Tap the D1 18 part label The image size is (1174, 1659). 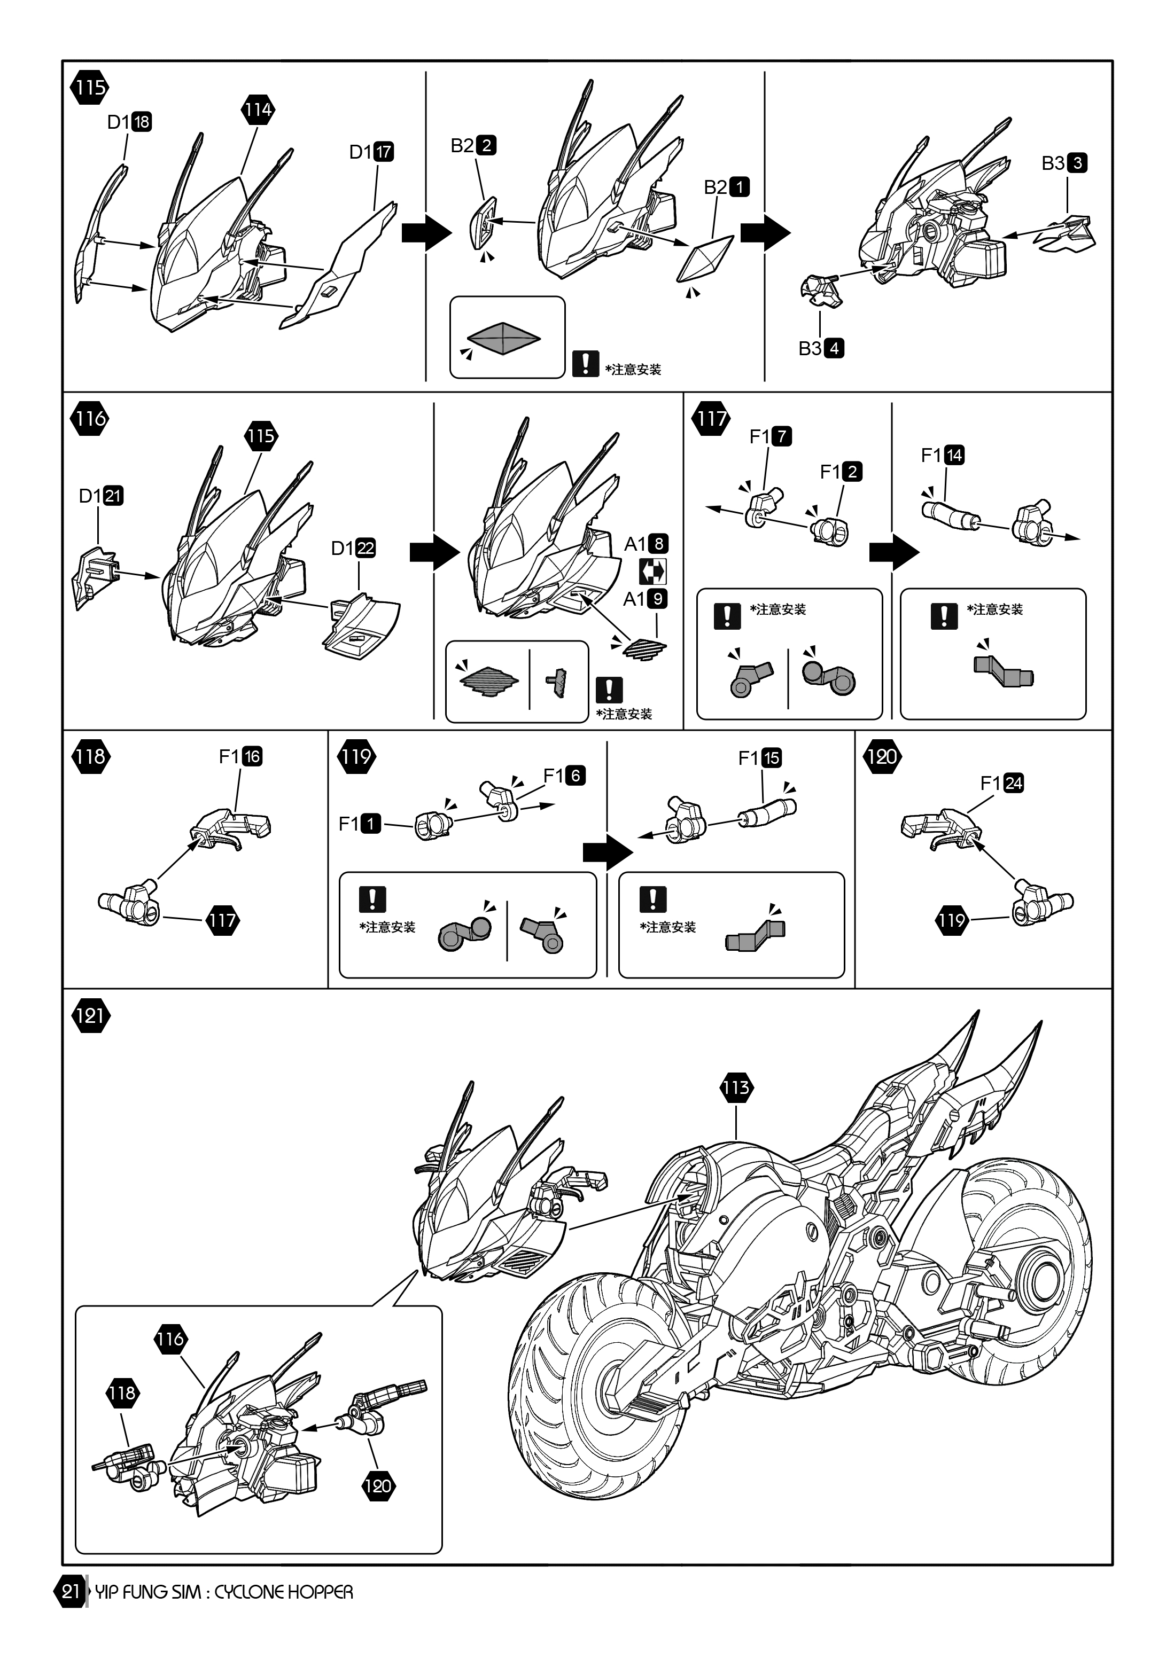coord(129,122)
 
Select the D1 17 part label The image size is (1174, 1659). coord(371,152)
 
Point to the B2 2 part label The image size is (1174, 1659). coord(473,145)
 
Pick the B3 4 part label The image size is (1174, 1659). coord(821,348)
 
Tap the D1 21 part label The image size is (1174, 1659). coord(101,496)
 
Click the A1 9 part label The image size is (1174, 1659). coord(646,598)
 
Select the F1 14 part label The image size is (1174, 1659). coord(943,455)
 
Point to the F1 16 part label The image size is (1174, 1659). coord(240,756)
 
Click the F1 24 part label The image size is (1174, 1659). coord(1002,783)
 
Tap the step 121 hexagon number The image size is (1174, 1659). coord(90,1016)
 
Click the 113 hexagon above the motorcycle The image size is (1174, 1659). coord(736,1087)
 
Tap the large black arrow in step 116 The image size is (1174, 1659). coord(434,553)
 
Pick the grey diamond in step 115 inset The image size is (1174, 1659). coord(504,338)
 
